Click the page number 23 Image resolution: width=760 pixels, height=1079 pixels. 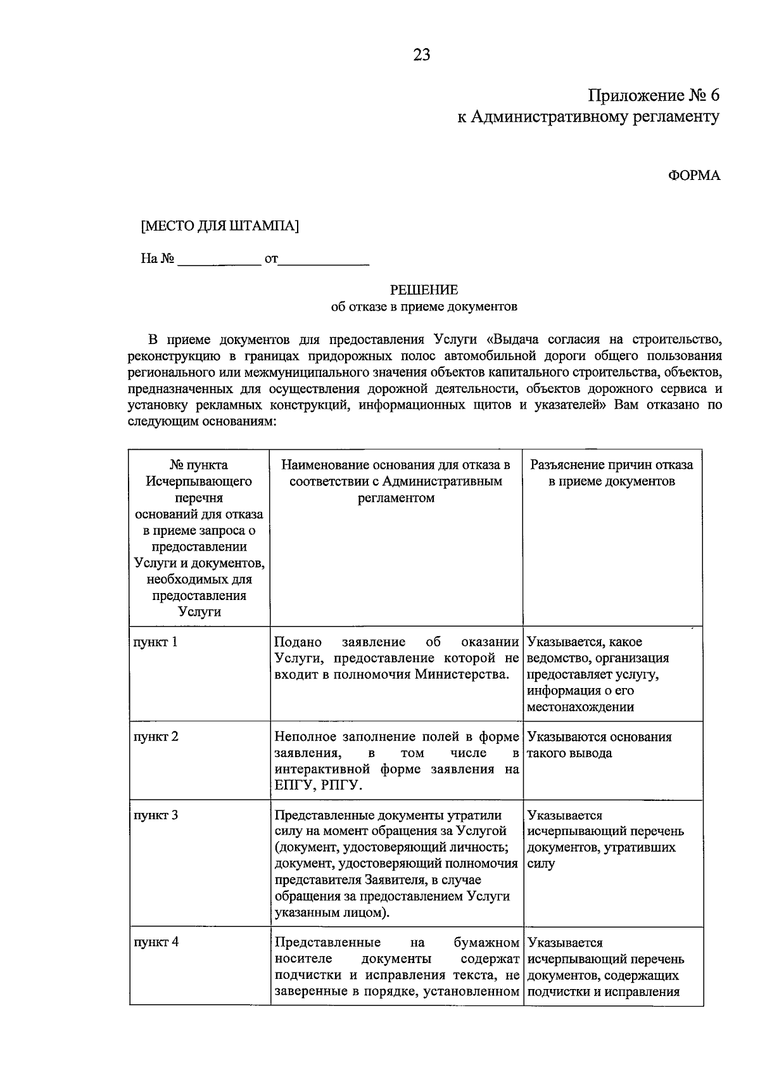(x=422, y=55)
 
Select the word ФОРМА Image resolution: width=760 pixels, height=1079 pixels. (x=694, y=176)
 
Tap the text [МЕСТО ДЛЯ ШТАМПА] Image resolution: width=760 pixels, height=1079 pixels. (x=220, y=226)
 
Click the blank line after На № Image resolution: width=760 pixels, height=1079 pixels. (x=219, y=260)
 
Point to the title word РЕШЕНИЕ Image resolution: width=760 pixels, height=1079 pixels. (x=424, y=290)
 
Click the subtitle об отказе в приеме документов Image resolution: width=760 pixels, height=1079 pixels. (x=424, y=307)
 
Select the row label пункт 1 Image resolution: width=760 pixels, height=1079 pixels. (x=155, y=642)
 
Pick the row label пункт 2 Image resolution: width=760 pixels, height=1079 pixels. (x=156, y=736)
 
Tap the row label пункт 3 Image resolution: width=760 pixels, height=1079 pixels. (x=156, y=815)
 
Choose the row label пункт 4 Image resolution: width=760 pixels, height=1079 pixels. (x=156, y=942)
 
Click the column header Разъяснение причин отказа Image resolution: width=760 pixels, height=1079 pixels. (x=611, y=465)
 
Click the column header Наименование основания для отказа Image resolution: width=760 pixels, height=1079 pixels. (x=396, y=465)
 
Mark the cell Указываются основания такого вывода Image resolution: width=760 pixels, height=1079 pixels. (x=598, y=745)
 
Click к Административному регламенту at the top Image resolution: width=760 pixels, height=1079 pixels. (x=588, y=117)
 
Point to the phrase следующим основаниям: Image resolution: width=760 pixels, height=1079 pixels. (x=202, y=421)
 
